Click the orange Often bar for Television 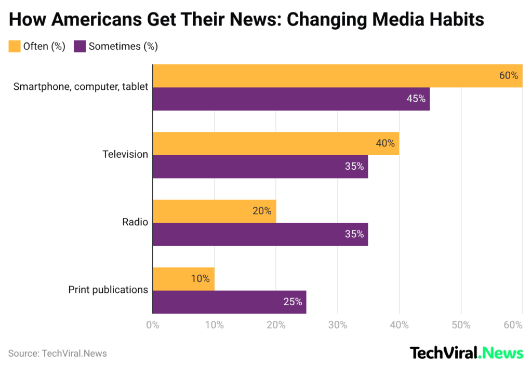(275, 143)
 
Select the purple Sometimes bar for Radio (260, 234)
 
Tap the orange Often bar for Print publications (183, 279)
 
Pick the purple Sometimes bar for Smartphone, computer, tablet (291, 99)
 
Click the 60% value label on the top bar (508, 75)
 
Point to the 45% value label (416, 99)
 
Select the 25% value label (292, 302)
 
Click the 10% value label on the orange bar (200, 279)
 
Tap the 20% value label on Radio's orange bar (262, 211)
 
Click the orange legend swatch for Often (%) (14, 46)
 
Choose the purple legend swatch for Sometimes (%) (79, 46)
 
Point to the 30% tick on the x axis (338, 325)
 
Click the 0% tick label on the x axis (153, 325)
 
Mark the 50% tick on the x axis (461, 325)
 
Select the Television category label (125, 154)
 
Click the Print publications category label (108, 290)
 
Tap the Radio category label (135, 222)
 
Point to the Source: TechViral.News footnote (57, 354)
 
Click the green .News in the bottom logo (501, 353)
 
